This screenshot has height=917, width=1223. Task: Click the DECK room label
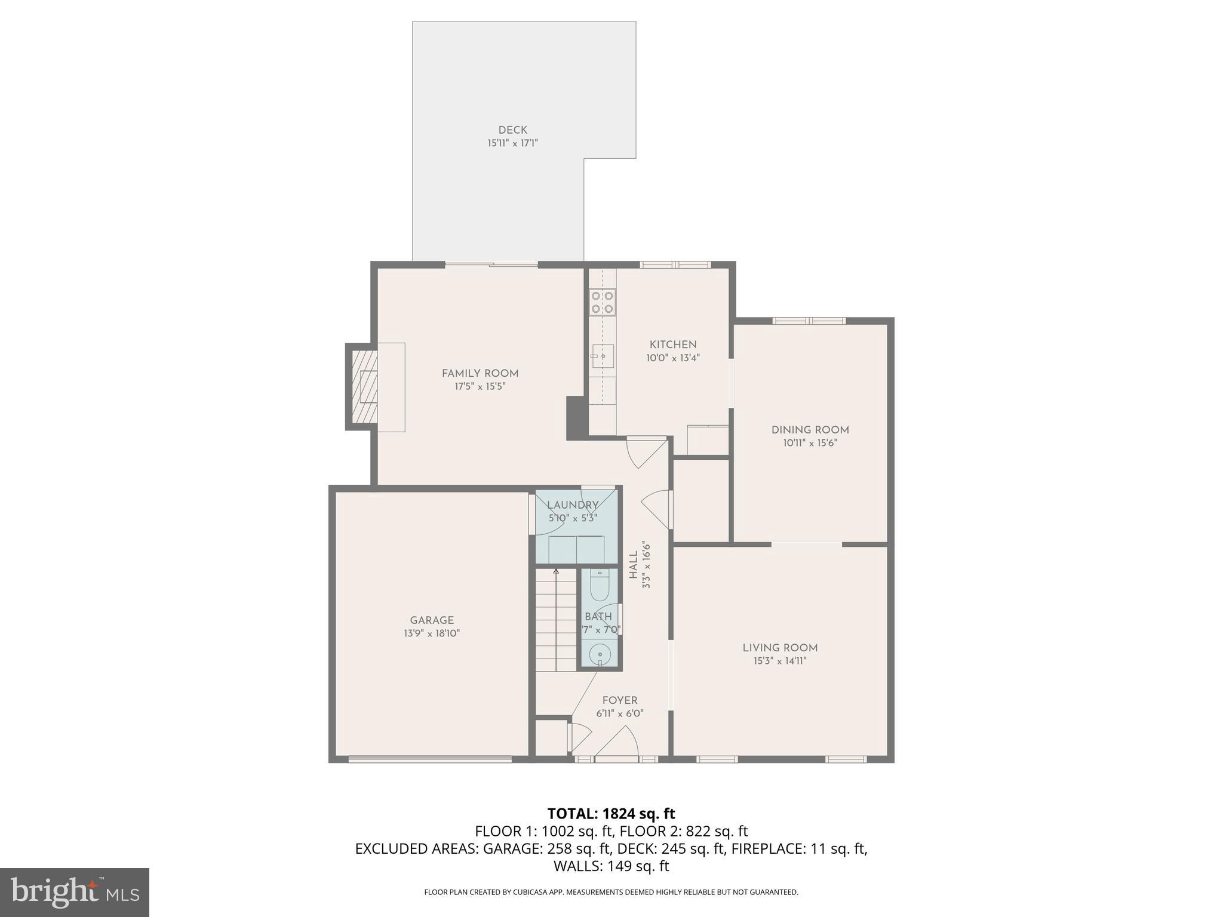click(x=512, y=130)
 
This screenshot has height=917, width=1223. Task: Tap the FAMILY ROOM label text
click(x=480, y=373)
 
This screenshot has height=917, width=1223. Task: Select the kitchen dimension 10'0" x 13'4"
click(x=672, y=358)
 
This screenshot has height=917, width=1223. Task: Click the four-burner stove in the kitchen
click(x=602, y=302)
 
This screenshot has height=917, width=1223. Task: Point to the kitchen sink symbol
click(x=602, y=356)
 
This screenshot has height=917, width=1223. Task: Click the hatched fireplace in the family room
click(x=364, y=386)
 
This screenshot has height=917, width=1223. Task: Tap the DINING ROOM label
click(x=810, y=430)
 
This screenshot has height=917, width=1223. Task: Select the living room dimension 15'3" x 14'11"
click(x=779, y=661)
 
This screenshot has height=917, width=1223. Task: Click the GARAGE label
click(x=432, y=620)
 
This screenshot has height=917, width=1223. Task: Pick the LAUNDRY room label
click(x=572, y=505)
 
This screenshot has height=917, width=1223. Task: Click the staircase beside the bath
click(x=555, y=621)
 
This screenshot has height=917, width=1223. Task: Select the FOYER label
click(x=619, y=700)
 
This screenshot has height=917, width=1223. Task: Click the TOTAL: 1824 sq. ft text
click(x=611, y=813)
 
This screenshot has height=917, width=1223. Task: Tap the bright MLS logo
click(x=74, y=892)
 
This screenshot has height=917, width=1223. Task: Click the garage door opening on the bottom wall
click(x=430, y=759)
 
